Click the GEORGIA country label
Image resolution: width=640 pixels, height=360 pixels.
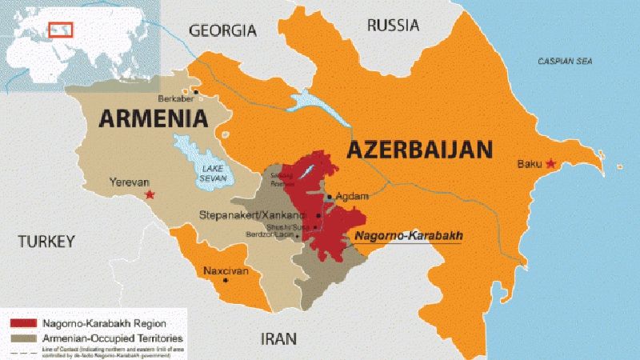[x=222, y=30]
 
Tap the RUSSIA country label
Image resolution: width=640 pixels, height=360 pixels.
[x=393, y=26]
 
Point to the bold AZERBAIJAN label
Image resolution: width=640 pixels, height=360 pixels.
[x=418, y=150]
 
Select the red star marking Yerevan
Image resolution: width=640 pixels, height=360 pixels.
[x=148, y=194]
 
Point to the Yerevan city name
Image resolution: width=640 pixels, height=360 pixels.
[x=127, y=182]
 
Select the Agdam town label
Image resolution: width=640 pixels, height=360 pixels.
[x=353, y=197]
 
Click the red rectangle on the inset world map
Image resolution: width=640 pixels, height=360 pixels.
[x=61, y=30]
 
